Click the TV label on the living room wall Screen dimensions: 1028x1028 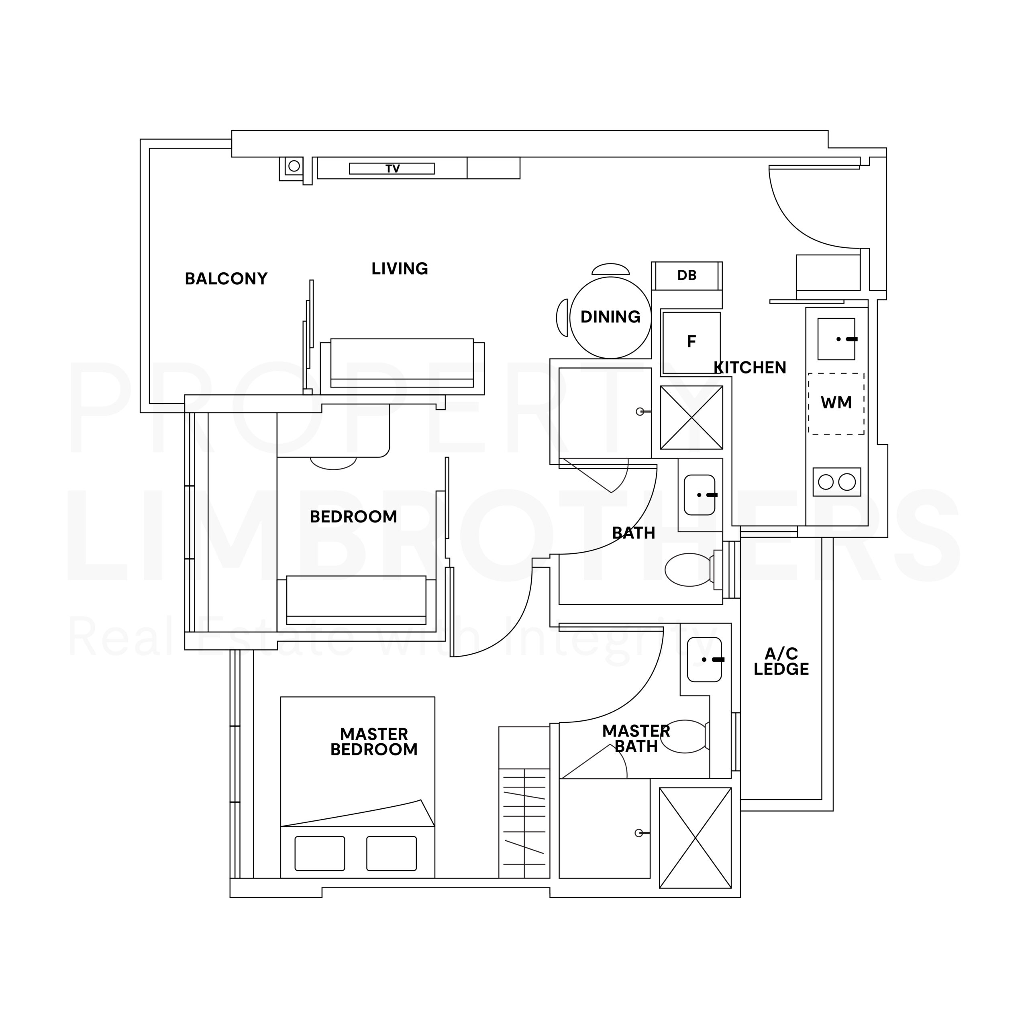393,169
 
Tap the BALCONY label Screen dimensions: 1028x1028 226,279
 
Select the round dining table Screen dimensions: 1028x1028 610,318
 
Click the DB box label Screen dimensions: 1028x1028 687,275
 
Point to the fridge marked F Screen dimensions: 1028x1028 691,343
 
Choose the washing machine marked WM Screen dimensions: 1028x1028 836,403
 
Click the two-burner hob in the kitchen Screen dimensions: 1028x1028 837,482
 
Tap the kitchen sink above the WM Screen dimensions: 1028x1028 836,339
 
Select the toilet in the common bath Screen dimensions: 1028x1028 692,570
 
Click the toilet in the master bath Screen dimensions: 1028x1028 685,736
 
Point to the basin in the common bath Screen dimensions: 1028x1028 699,495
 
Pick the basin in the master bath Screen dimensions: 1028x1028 704,660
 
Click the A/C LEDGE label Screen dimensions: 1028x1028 781,661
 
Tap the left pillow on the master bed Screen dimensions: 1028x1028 320,853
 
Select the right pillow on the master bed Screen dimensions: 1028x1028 392,853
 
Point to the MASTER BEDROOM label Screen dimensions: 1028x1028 374,742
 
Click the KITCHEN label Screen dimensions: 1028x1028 750,368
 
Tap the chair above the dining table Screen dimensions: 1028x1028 610,269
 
